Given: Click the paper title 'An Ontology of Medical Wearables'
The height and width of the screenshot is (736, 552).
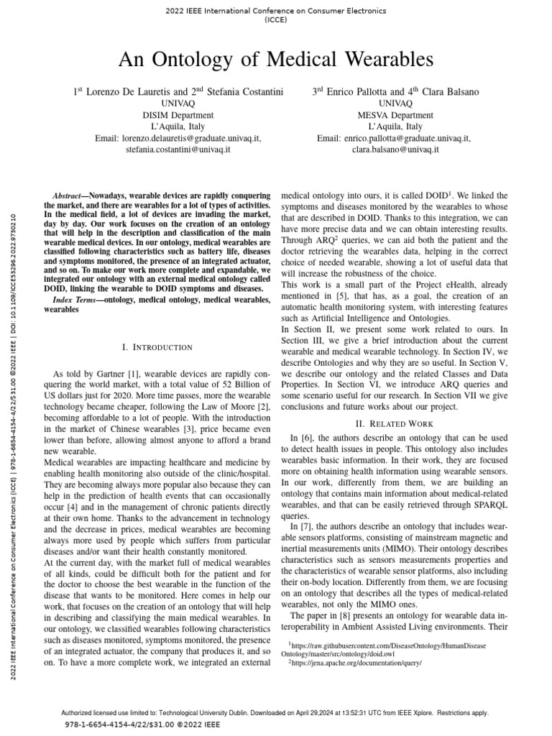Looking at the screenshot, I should [x=276, y=58].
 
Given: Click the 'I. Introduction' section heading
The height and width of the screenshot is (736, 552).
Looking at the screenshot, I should [x=157, y=348].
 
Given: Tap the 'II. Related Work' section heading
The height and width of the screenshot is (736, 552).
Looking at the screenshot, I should [x=393, y=422].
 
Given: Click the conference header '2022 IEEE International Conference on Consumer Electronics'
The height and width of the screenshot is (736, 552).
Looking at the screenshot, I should [x=276, y=11].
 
